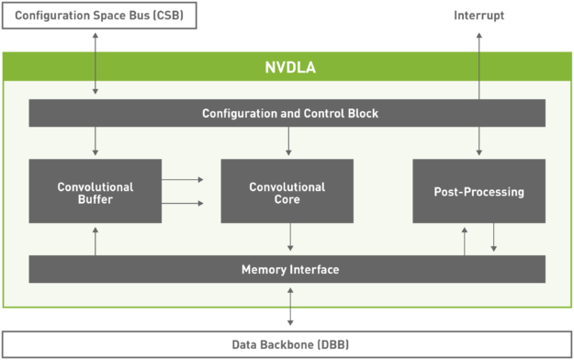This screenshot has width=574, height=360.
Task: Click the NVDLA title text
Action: click(290, 68)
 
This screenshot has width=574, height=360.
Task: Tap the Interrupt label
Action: click(478, 16)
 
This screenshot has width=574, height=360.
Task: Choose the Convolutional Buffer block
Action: click(96, 191)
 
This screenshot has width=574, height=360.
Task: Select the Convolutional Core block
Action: click(287, 191)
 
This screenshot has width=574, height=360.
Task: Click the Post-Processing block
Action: click(478, 191)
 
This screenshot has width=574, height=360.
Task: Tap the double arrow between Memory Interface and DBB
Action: click(290, 307)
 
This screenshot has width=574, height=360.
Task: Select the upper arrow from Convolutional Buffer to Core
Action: click(184, 180)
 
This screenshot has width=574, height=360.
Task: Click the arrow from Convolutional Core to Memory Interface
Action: click(290, 239)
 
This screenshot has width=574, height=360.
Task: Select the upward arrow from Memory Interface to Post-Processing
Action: click(464, 240)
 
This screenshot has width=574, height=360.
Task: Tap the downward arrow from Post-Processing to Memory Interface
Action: click(493, 239)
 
